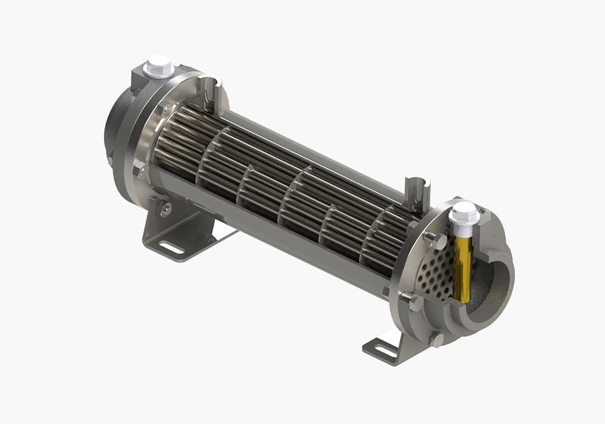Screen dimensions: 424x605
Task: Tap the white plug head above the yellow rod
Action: [x=464, y=212]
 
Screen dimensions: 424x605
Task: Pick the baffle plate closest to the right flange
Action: [x=375, y=242]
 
